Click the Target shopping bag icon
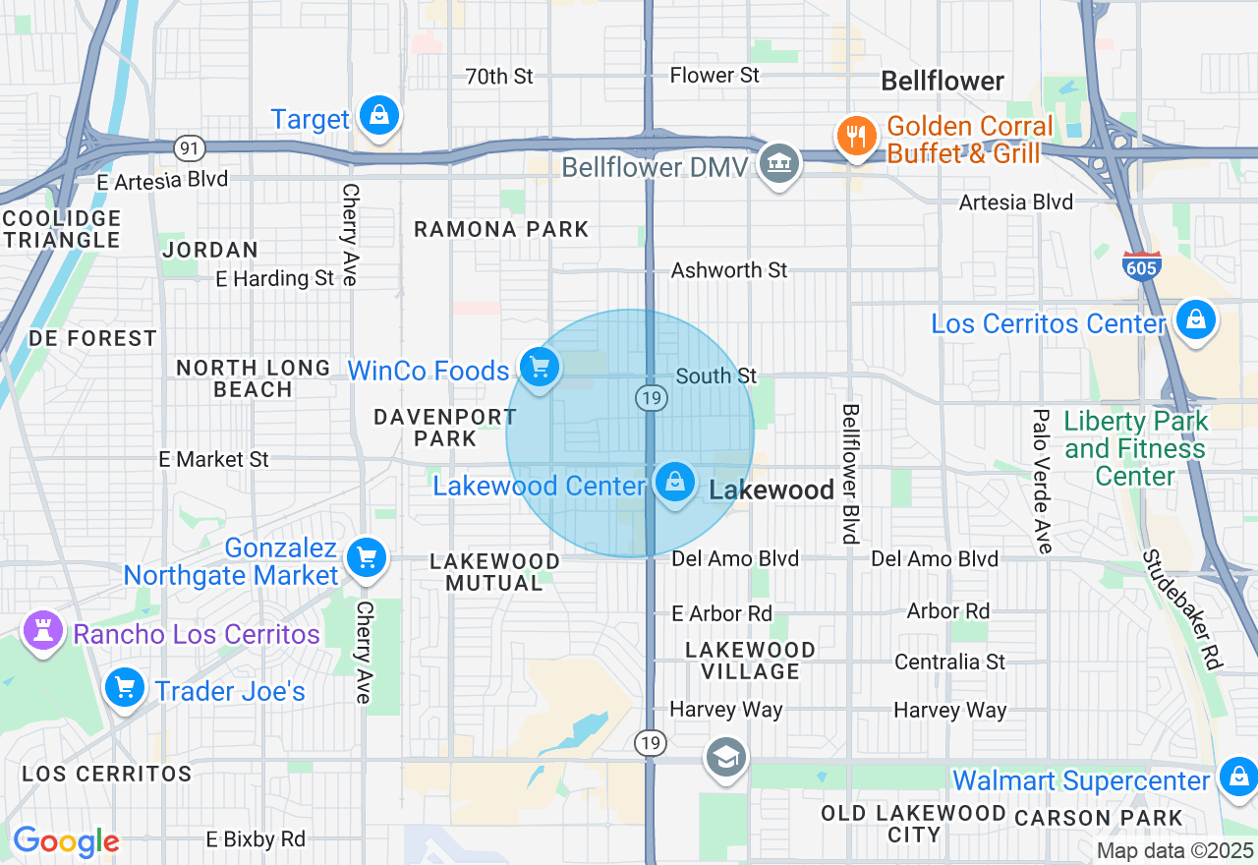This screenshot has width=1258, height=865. (378, 116)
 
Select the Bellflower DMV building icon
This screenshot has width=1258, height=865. (779, 162)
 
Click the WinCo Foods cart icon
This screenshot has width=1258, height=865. (539, 369)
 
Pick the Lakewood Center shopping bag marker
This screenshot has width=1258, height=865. (674, 483)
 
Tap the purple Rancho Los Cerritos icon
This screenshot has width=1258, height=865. (42, 631)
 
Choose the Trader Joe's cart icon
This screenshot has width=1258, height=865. (125, 687)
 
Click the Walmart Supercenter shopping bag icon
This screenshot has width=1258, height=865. (1238, 778)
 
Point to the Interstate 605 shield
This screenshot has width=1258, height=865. (1141, 266)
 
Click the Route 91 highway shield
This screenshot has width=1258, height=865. (189, 148)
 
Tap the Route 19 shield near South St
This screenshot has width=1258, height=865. (652, 397)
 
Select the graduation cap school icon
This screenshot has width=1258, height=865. (726, 757)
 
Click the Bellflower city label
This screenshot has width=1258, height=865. (942, 81)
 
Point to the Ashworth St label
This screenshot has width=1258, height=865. (729, 269)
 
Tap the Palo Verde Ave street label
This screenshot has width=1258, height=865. (1042, 481)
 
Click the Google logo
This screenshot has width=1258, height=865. (66, 841)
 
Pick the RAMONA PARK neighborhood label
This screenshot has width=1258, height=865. (501, 229)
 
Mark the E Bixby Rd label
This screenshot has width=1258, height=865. (256, 838)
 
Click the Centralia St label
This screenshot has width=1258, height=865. (949, 662)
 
